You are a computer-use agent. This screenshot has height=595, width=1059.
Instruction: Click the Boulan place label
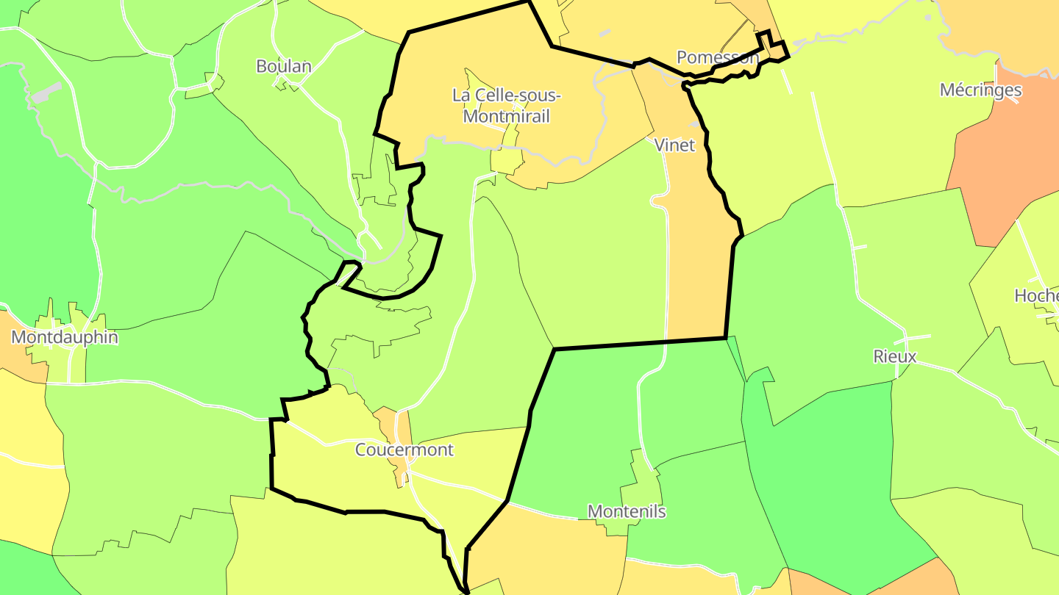[283, 66]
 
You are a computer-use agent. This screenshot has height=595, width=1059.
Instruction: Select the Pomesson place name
[717, 57]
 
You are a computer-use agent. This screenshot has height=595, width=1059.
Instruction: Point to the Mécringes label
[980, 90]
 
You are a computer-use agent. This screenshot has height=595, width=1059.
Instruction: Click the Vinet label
[674, 145]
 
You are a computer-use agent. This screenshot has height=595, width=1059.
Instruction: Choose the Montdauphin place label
[65, 338]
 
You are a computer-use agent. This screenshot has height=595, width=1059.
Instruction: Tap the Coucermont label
[404, 450]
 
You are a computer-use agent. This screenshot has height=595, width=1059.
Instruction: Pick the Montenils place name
[627, 511]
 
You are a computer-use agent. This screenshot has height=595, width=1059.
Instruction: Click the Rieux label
[894, 357]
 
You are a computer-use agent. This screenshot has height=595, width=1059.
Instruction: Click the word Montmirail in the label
[507, 116]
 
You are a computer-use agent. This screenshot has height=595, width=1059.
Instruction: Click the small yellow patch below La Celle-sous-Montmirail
[506, 161]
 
